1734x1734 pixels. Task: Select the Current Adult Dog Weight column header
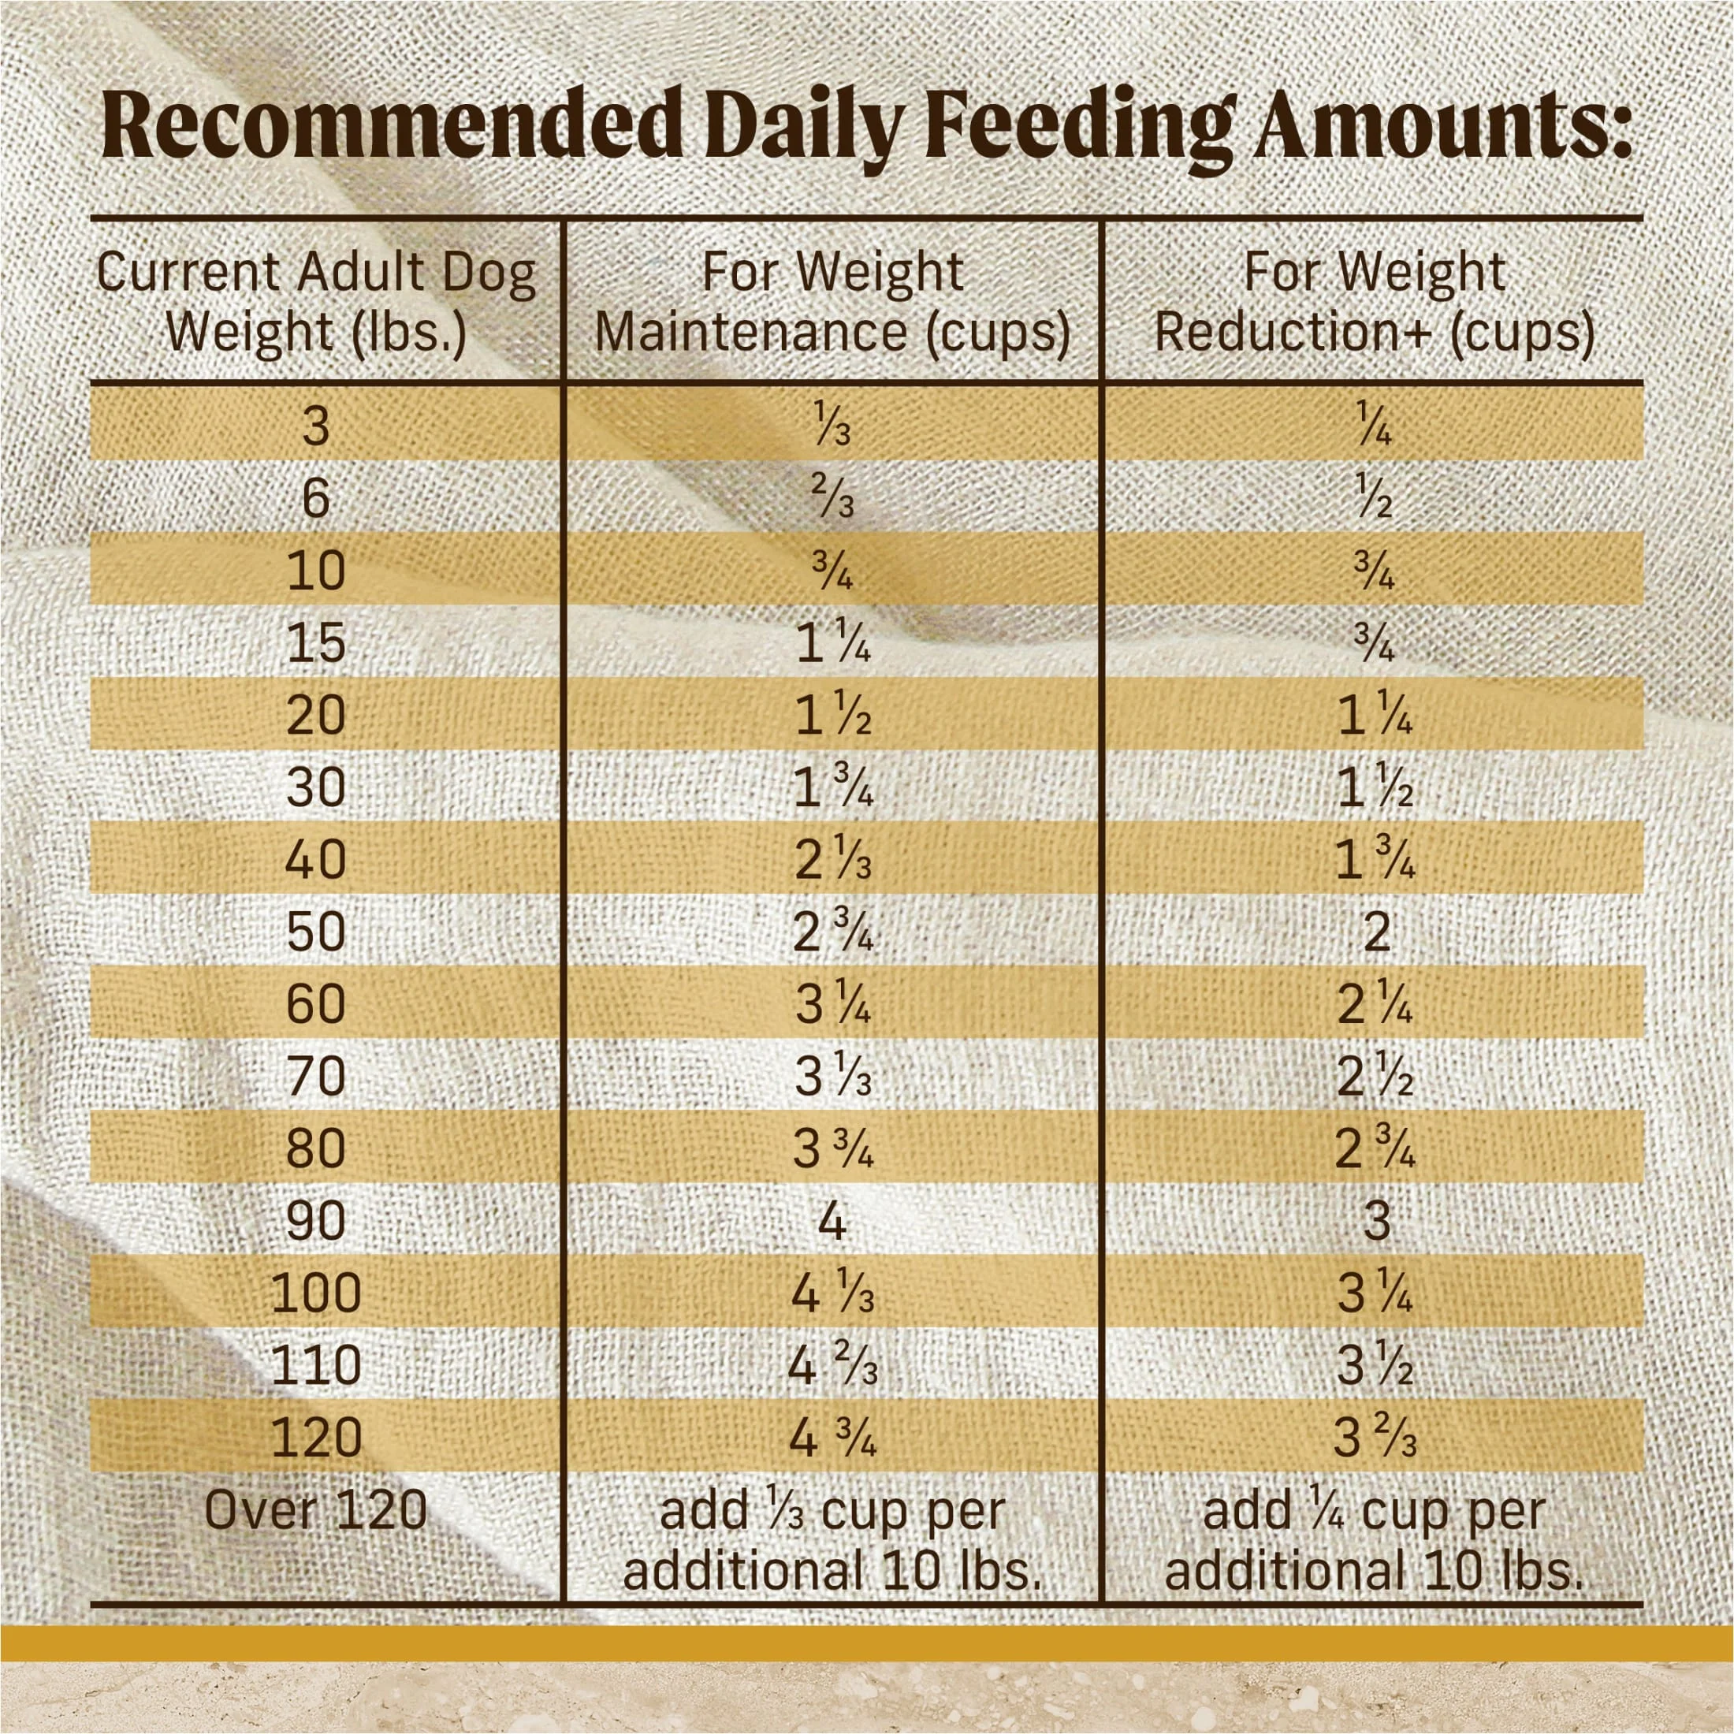point(316,302)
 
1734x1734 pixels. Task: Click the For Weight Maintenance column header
point(832,302)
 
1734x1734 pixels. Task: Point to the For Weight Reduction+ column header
point(1373,302)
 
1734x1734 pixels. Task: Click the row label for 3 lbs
point(316,426)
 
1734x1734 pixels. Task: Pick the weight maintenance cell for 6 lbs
point(832,498)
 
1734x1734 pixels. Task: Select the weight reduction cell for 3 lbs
point(1373,426)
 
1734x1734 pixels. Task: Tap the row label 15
point(316,642)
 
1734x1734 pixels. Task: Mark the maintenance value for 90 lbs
point(832,1222)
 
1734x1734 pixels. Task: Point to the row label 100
point(316,1293)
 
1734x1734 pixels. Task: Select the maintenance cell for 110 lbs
point(832,1366)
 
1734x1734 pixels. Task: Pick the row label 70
point(316,1077)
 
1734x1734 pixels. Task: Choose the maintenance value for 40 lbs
point(832,860)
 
